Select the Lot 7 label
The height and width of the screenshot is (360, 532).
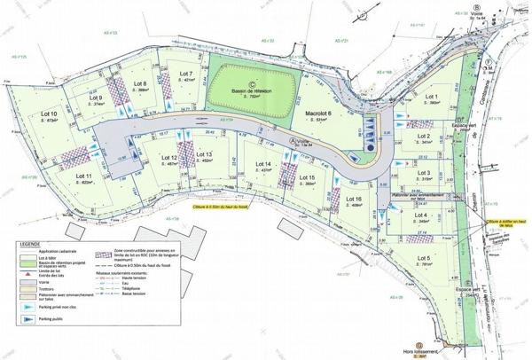[x=185, y=73]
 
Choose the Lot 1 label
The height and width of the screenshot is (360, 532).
[x=433, y=96]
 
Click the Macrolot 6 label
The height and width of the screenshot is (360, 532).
[x=317, y=114]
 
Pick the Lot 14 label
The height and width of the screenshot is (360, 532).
[x=262, y=164]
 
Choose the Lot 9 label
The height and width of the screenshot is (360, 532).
[x=94, y=98]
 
